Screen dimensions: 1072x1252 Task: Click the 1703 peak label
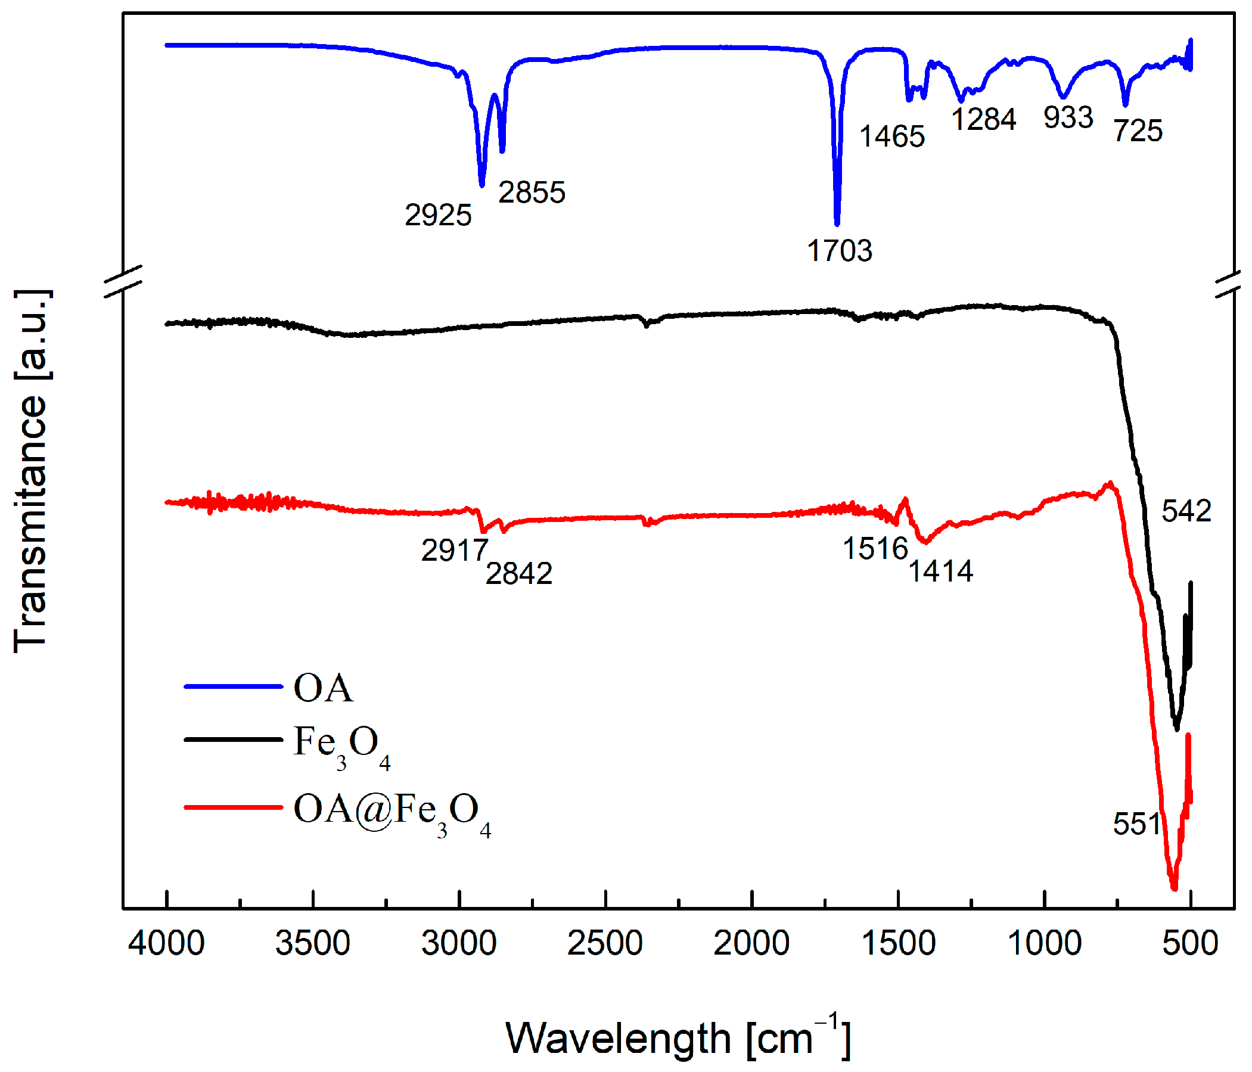tap(839, 251)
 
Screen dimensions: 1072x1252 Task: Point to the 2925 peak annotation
tap(438, 215)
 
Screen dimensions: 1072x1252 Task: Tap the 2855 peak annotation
tap(532, 192)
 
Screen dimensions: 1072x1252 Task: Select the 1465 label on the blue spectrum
tap(892, 136)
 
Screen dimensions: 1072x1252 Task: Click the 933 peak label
tap(1068, 117)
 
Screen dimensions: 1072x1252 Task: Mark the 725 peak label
tap(1138, 131)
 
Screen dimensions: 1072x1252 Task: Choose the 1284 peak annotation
tap(984, 119)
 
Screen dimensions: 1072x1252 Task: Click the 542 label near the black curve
tap(1186, 511)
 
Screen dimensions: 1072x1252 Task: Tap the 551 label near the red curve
tap(1137, 824)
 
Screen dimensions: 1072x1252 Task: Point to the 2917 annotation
tap(455, 551)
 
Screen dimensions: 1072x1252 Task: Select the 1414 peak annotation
tap(941, 571)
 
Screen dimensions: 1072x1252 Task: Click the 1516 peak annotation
tap(875, 549)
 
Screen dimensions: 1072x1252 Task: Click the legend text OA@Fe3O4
tap(392, 810)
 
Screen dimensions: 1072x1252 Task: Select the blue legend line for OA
tap(233, 686)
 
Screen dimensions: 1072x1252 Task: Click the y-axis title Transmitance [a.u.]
tap(30, 471)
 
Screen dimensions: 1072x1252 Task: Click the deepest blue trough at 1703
tap(837, 222)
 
